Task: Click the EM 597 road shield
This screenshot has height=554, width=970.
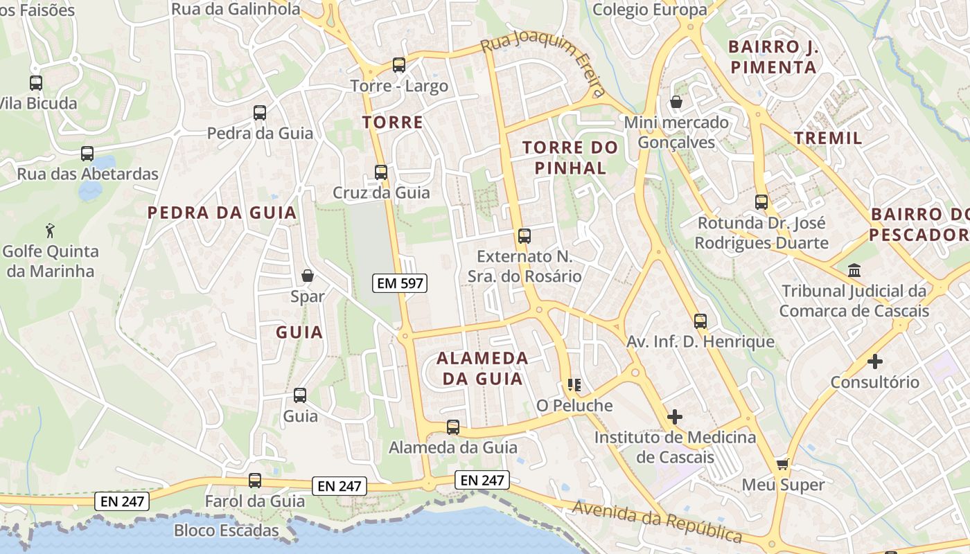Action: (x=399, y=283)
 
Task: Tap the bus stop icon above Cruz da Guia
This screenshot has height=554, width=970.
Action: (x=380, y=172)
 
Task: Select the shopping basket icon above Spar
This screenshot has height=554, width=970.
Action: (x=308, y=276)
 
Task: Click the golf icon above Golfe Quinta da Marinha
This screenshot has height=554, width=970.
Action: (x=50, y=230)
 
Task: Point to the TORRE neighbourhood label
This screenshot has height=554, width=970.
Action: (x=392, y=123)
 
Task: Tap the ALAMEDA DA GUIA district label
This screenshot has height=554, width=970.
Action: (x=482, y=368)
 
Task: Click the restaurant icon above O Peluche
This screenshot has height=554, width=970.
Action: (x=574, y=384)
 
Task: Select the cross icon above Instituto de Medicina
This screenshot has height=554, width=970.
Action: (x=674, y=417)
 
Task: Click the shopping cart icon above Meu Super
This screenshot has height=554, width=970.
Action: (x=782, y=464)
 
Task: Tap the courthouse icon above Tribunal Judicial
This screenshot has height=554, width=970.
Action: (x=854, y=270)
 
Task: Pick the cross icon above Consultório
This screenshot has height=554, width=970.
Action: (x=875, y=361)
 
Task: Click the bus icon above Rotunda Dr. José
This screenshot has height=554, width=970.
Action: (x=761, y=202)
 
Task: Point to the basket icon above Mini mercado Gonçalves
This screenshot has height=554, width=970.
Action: (x=676, y=102)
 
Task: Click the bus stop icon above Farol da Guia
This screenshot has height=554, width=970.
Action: (x=255, y=480)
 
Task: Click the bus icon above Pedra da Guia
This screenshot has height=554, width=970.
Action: (x=260, y=112)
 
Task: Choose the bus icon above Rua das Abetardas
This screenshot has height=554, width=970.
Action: (x=87, y=154)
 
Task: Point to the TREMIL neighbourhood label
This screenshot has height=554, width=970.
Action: (x=828, y=138)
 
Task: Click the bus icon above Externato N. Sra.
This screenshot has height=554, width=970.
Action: (x=524, y=236)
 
